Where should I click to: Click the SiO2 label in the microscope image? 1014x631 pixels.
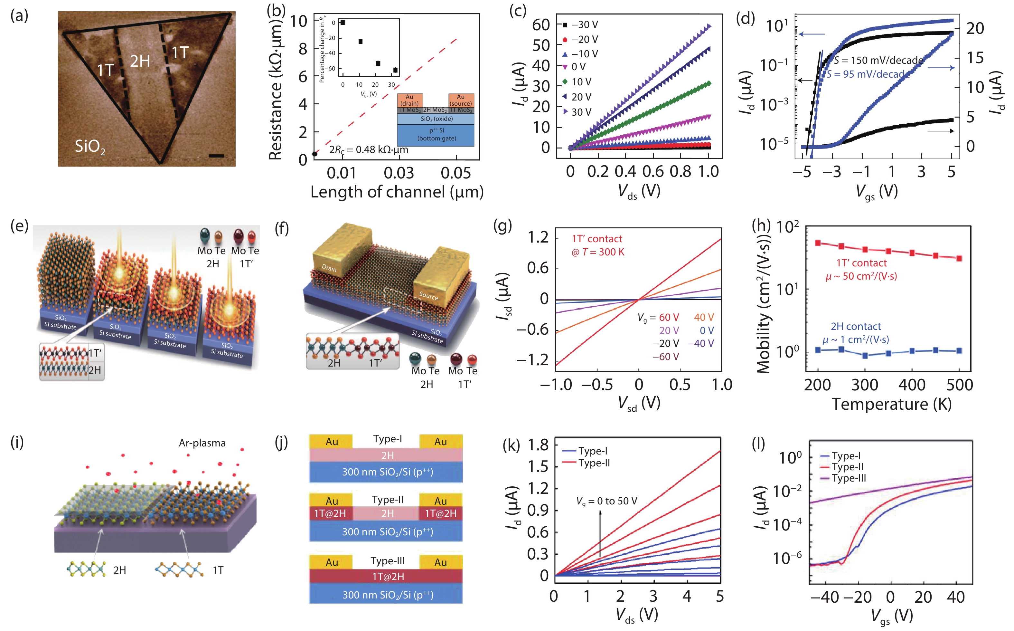tap(89, 147)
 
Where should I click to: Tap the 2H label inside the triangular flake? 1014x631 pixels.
tap(140, 61)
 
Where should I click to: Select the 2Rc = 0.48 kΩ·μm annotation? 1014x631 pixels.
tap(369, 150)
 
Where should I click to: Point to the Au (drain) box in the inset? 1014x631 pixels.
tap(409, 100)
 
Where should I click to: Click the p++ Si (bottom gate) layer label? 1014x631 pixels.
tap(436, 134)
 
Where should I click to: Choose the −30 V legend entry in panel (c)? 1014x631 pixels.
tap(580, 25)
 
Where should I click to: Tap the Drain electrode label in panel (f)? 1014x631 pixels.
tap(329, 268)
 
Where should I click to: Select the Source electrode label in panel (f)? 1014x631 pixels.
tap(428, 295)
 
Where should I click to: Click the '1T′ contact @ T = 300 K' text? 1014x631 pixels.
tap(597, 245)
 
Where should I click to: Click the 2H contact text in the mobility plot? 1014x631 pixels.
tap(856, 326)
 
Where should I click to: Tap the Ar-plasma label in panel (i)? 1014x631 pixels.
tap(202, 443)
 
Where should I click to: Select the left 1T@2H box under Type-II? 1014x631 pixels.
tap(330, 513)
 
